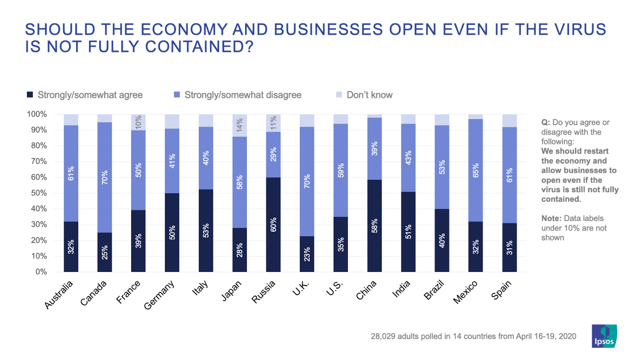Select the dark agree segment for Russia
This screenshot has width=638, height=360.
(273, 224)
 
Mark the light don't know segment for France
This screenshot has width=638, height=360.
(138, 122)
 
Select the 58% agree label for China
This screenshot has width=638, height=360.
(375, 226)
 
